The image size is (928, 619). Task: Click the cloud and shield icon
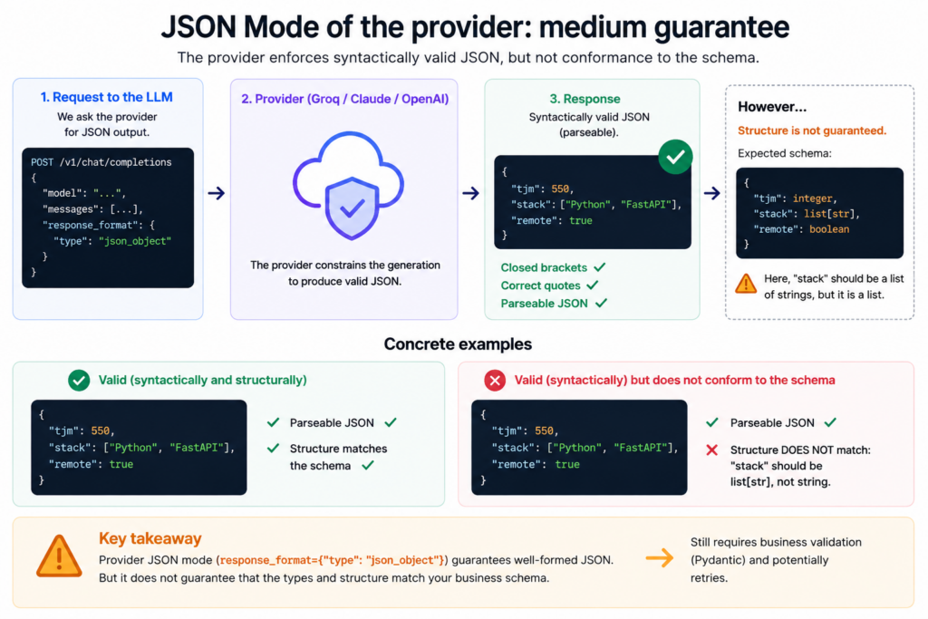349,185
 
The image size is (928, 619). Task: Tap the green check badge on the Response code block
675,157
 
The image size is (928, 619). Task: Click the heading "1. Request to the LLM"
107,97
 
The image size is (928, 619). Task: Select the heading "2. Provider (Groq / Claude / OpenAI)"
344,99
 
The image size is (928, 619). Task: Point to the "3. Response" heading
585,99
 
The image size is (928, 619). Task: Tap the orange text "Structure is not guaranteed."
812,131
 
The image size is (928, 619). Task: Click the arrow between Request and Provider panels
216,193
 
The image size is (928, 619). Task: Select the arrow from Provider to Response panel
470,193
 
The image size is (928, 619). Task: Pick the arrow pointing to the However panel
712,193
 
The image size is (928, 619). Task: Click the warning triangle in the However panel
746,284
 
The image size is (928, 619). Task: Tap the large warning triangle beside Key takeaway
59,556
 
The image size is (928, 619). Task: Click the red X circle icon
495,380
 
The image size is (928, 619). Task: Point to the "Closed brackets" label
544,267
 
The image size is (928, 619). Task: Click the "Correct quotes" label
540,285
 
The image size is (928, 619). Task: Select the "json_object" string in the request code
135,241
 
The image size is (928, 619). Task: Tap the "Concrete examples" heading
458,344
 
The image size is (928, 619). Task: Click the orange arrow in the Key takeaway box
660,557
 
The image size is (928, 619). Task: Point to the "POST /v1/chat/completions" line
101,162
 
